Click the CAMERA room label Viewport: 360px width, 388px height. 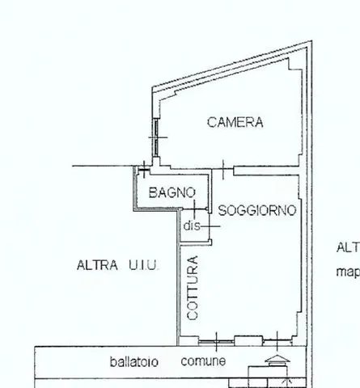(235, 123)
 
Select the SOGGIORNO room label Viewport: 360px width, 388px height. (256, 210)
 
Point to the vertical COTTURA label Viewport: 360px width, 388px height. (193, 288)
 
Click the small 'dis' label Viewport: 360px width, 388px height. (191, 226)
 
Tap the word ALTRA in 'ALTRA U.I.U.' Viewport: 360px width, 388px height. (95, 264)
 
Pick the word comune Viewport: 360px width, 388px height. (203, 361)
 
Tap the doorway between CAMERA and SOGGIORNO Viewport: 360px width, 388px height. (223, 170)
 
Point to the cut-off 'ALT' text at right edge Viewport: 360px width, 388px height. (348, 248)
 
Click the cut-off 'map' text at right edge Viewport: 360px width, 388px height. (348, 272)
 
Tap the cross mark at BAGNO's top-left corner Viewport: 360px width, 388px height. (143, 169)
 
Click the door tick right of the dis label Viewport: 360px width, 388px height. (208, 226)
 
